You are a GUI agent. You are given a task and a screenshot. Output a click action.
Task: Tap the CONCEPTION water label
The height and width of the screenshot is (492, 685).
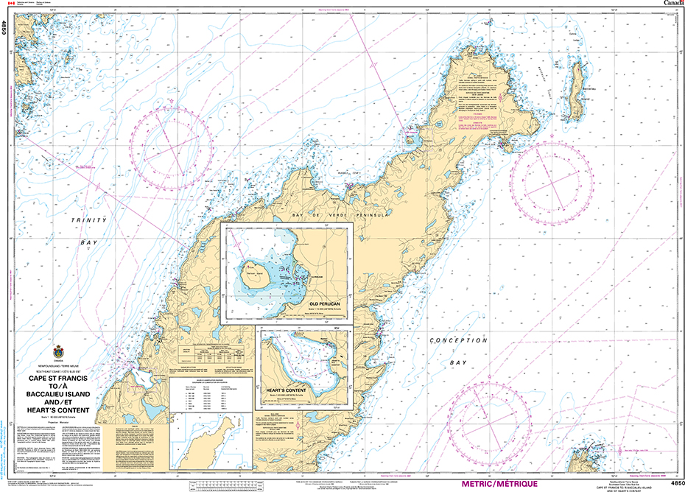point(459,340)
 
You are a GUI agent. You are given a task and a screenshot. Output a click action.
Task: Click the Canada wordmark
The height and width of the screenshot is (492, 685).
point(672,4)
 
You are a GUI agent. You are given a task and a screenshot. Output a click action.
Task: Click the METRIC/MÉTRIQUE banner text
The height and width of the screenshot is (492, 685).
point(493,484)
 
